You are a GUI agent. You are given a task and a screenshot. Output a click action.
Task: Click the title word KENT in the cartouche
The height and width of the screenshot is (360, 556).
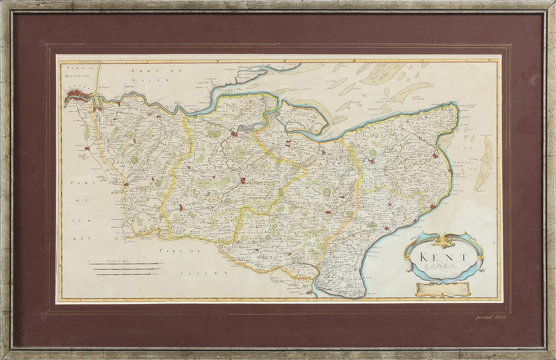click(x=444, y=257)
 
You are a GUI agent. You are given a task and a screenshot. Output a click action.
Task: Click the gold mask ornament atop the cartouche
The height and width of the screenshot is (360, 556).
click(x=443, y=240)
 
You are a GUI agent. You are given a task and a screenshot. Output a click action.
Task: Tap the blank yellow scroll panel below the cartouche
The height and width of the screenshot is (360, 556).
click(x=443, y=289)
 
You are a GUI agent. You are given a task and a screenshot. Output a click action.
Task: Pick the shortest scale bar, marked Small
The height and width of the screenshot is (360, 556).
click(x=122, y=273)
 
